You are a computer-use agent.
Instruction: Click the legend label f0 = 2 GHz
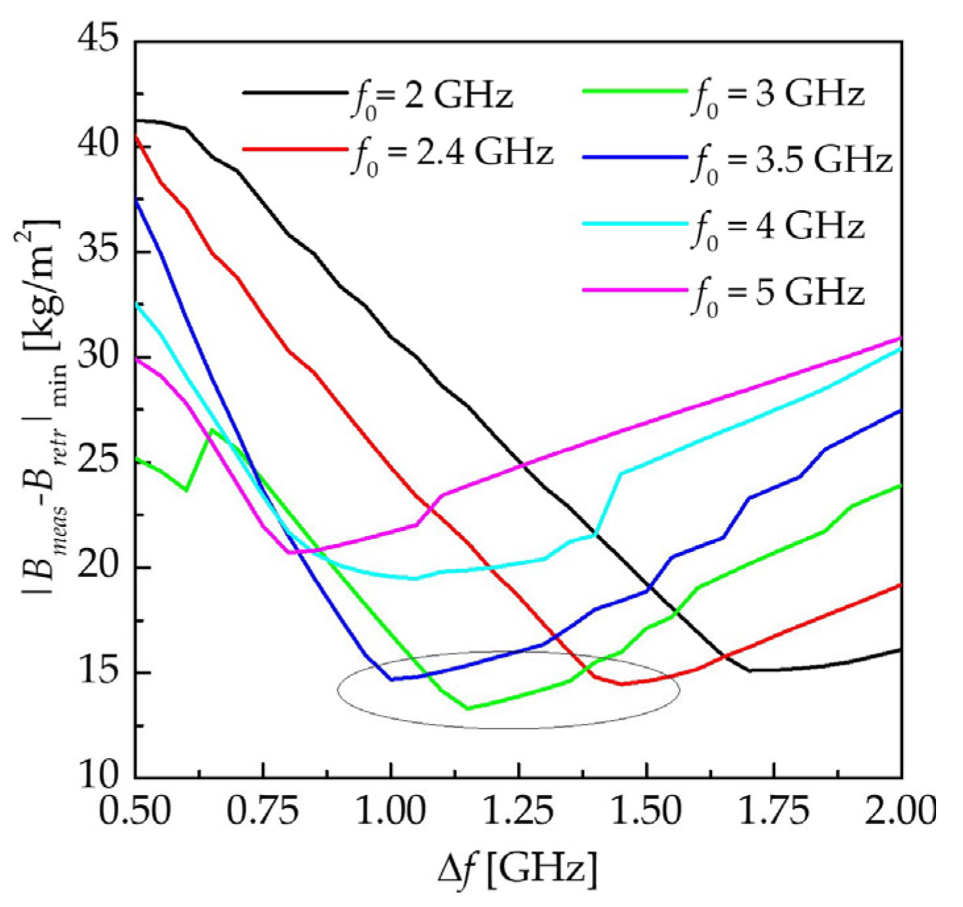431,97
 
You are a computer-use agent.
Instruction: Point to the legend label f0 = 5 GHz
777,294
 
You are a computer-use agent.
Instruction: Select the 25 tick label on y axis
98,460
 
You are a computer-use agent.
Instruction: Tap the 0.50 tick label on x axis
134,811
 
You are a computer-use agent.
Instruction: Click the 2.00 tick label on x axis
900,811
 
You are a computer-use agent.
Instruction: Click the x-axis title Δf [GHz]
518,869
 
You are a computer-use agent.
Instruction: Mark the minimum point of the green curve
468,709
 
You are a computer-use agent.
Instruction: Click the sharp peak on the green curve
211,429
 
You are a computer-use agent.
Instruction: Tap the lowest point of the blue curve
391,679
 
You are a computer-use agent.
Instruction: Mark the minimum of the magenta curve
289,552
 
